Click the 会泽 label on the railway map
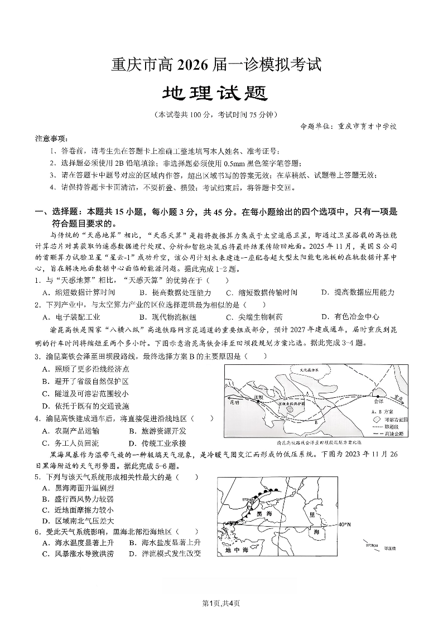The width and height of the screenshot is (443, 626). pyautogui.click(x=379, y=401)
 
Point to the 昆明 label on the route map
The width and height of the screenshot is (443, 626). pyautogui.click(x=234, y=401)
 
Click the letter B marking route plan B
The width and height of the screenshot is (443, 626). pyautogui.click(x=315, y=422)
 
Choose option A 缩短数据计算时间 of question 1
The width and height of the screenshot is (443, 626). pyautogui.click(x=79, y=292)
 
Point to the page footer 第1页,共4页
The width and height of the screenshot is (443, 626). pyautogui.click(x=221, y=602)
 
